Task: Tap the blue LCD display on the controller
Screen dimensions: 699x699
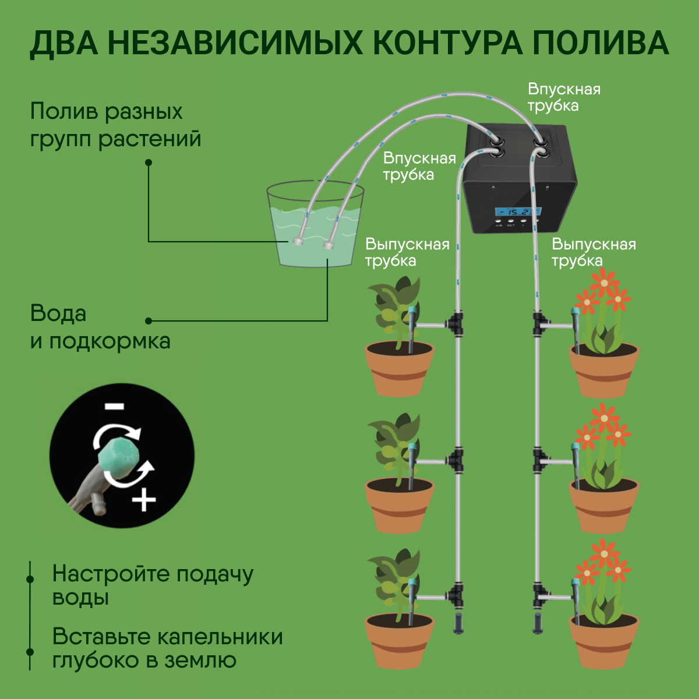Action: point(518,211)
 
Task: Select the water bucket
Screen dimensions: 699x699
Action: point(315,227)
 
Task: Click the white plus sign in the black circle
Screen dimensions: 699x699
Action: point(144,500)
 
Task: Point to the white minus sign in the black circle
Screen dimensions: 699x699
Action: point(115,406)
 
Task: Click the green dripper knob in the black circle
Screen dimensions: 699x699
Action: point(119,457)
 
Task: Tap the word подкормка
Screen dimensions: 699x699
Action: point(109,341)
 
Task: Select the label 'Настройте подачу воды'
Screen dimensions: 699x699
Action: point(153,585)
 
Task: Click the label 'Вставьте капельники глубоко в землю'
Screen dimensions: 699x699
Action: point(167,648)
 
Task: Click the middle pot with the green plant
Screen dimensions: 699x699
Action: point(400,504)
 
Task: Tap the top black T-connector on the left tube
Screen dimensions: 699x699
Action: point(456,324)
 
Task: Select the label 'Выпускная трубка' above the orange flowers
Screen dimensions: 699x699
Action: point(593,252)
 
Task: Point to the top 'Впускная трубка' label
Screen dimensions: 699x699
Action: point(563,97)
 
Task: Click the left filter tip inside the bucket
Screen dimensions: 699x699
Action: point(299,241)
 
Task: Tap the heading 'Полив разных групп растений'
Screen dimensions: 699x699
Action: point(115,125)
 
